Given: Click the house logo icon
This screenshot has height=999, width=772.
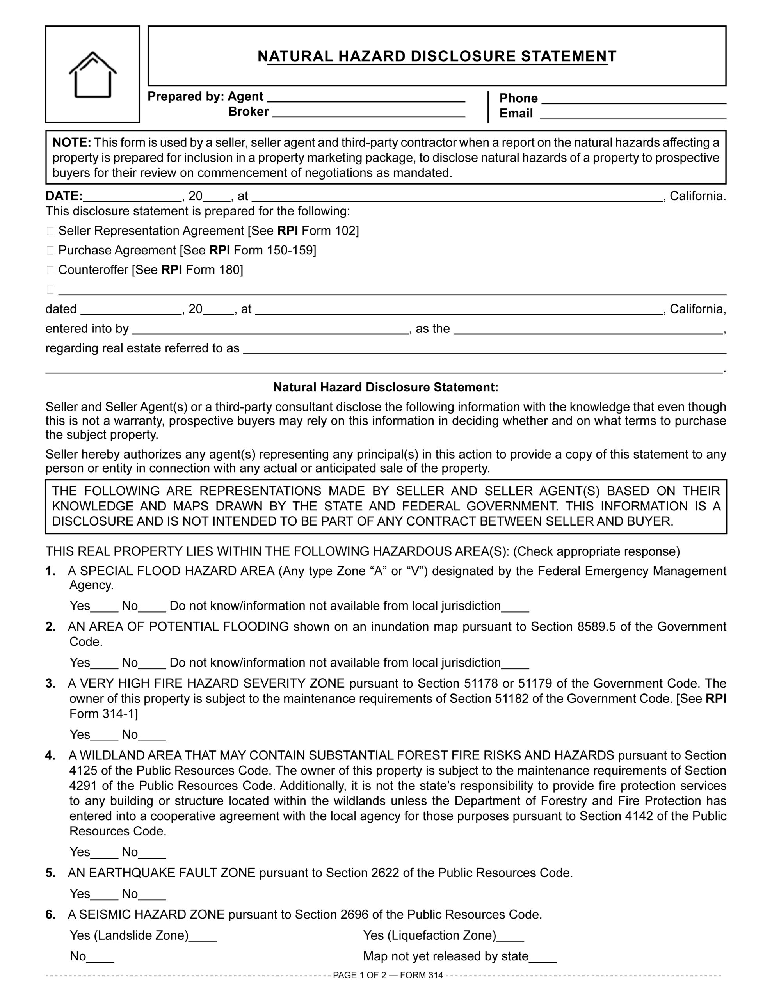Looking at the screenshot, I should [x=92, y=74].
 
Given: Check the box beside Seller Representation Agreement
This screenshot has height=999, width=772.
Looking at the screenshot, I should [x=50, y=231].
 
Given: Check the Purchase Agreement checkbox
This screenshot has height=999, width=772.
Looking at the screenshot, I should [x=50, y=251].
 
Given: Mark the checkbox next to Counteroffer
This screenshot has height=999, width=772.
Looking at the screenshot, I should [x=50, y=270].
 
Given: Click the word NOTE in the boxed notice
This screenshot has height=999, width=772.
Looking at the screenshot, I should [x=72, y=143].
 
